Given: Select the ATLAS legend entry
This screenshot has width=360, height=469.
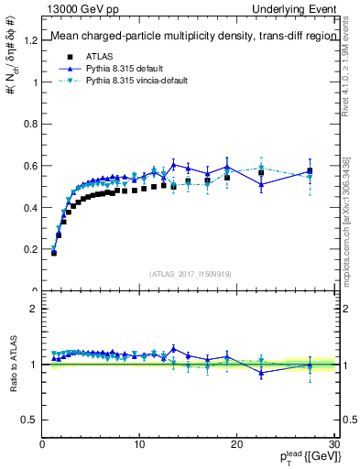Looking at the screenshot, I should (103, 57).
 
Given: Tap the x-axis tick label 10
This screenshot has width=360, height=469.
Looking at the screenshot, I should (139, 446).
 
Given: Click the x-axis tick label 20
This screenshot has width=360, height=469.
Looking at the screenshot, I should (236, 446).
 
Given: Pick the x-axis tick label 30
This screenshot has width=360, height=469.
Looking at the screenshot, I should (333, 446).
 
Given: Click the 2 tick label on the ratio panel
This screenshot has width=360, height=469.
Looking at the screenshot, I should (35, 309).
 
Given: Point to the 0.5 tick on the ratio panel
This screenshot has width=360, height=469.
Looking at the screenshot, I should (31, 420).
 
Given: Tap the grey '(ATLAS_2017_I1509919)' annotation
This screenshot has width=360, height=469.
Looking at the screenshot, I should (189, 273).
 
